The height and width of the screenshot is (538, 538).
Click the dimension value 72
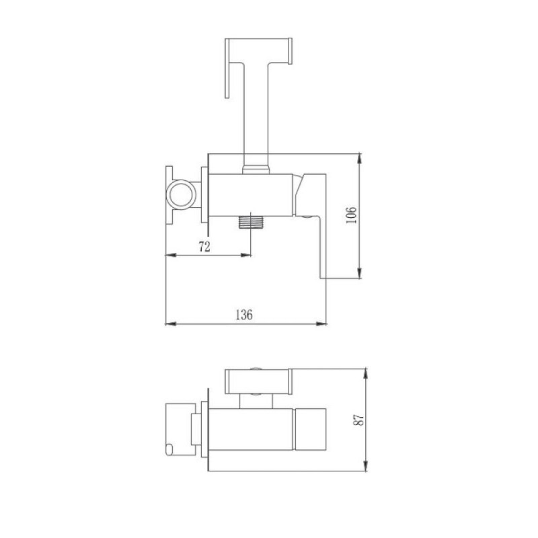click(x=204, y=246)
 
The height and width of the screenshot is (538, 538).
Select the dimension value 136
click(x=244, y=315)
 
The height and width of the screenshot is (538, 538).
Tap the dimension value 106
click(x=351, y=215)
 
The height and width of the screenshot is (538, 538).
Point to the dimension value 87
click(x=358, y=420)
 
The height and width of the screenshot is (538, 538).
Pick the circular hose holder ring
click(x=181, y=194)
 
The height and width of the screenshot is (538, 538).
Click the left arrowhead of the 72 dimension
click(x=171, y=255)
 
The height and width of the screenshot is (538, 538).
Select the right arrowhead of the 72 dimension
click(x=245, y=255)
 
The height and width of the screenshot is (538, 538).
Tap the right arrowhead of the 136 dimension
click(x=321, y=323)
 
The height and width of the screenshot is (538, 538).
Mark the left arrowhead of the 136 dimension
click(x=171, y=323)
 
